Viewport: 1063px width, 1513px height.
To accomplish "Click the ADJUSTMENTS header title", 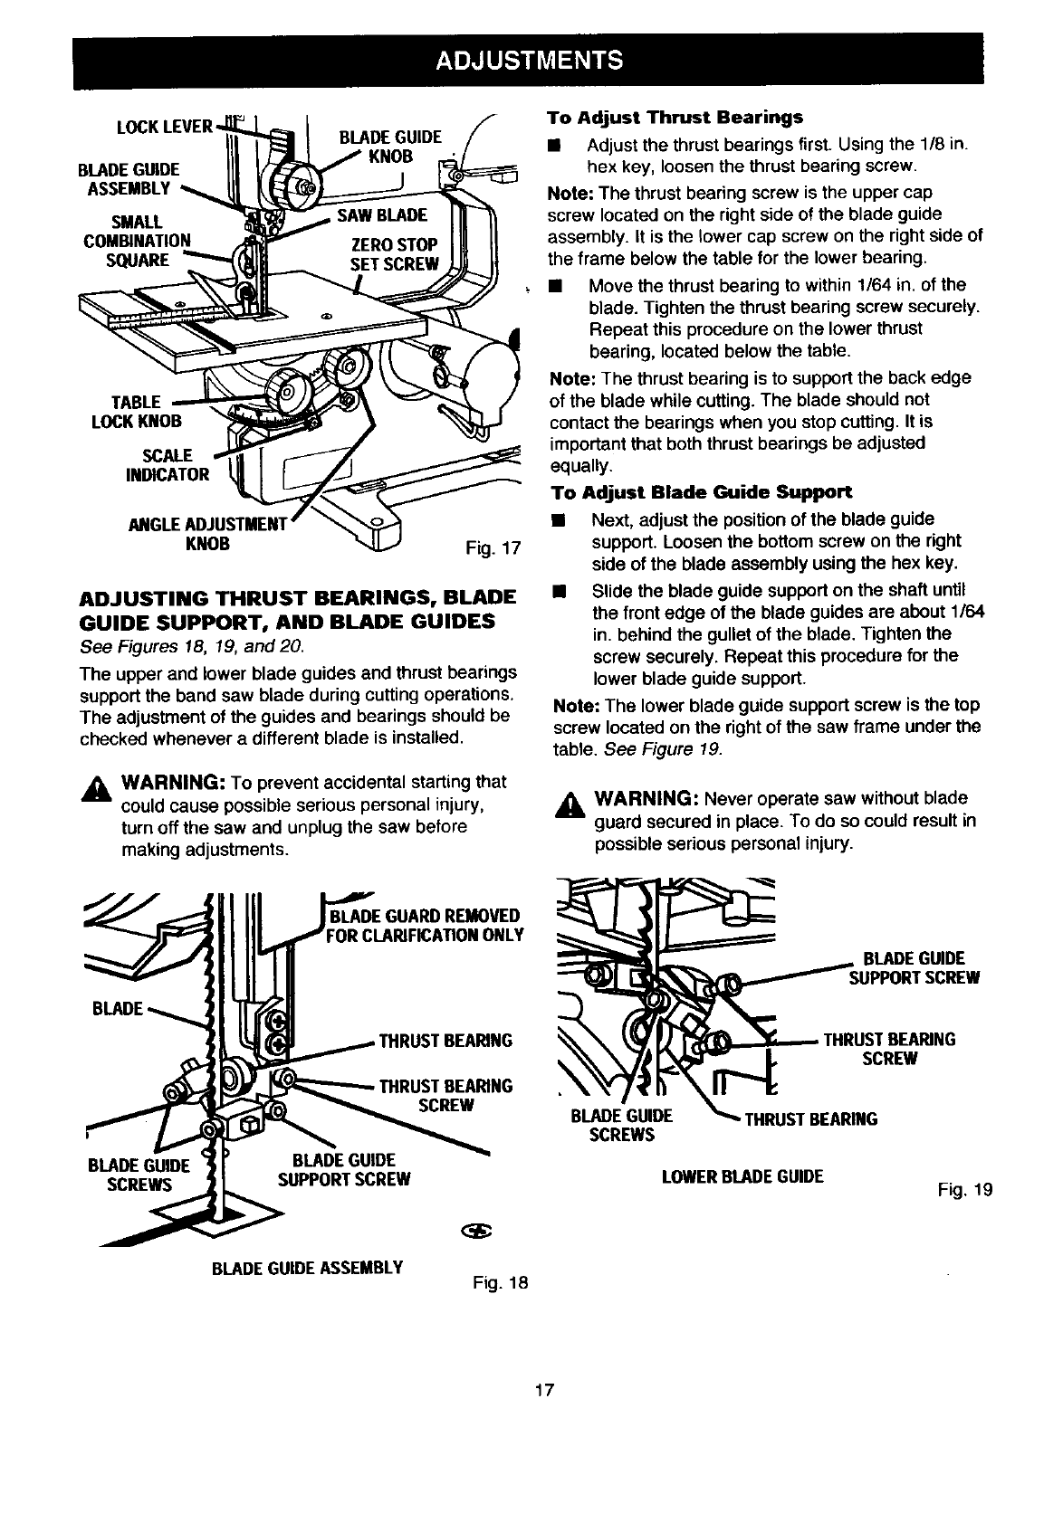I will [x=530, y=61].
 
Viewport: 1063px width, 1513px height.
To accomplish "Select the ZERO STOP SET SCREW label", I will [x=394, y=254].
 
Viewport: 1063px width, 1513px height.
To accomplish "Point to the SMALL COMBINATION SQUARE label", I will [x=137, y=241].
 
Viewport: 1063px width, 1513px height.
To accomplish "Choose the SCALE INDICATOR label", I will [x=176, y=465].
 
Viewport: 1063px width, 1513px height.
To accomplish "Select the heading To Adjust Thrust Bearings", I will [x=675, y=118].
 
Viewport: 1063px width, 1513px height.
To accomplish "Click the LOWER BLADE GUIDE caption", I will [x=742, y=1176].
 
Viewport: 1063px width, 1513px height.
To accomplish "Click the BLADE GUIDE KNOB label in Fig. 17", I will [x=389, y=146].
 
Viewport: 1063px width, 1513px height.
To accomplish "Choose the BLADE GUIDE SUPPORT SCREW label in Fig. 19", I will [x=913, y=968].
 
